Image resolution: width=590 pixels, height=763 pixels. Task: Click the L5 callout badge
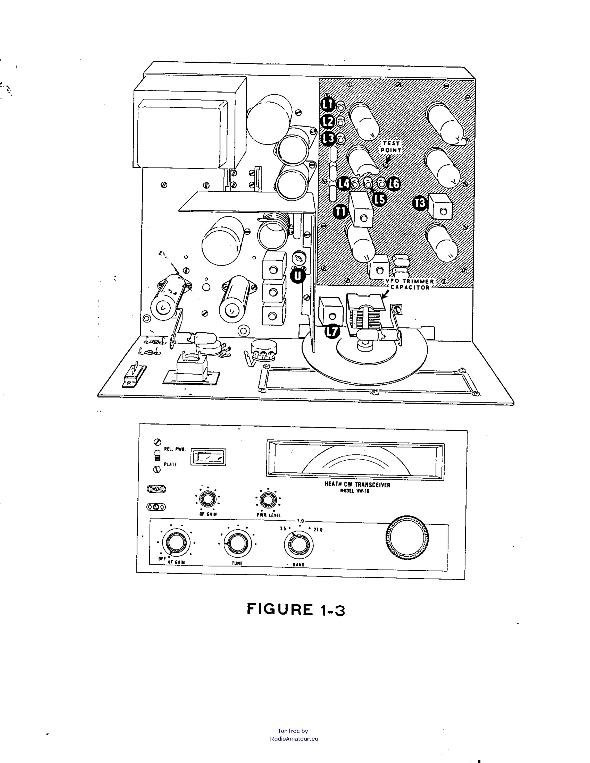[x=380, y=199]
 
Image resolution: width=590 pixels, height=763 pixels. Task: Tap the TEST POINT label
[x=391, y=147]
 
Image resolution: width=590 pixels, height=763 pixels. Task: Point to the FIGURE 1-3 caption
[x=296, y=609]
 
